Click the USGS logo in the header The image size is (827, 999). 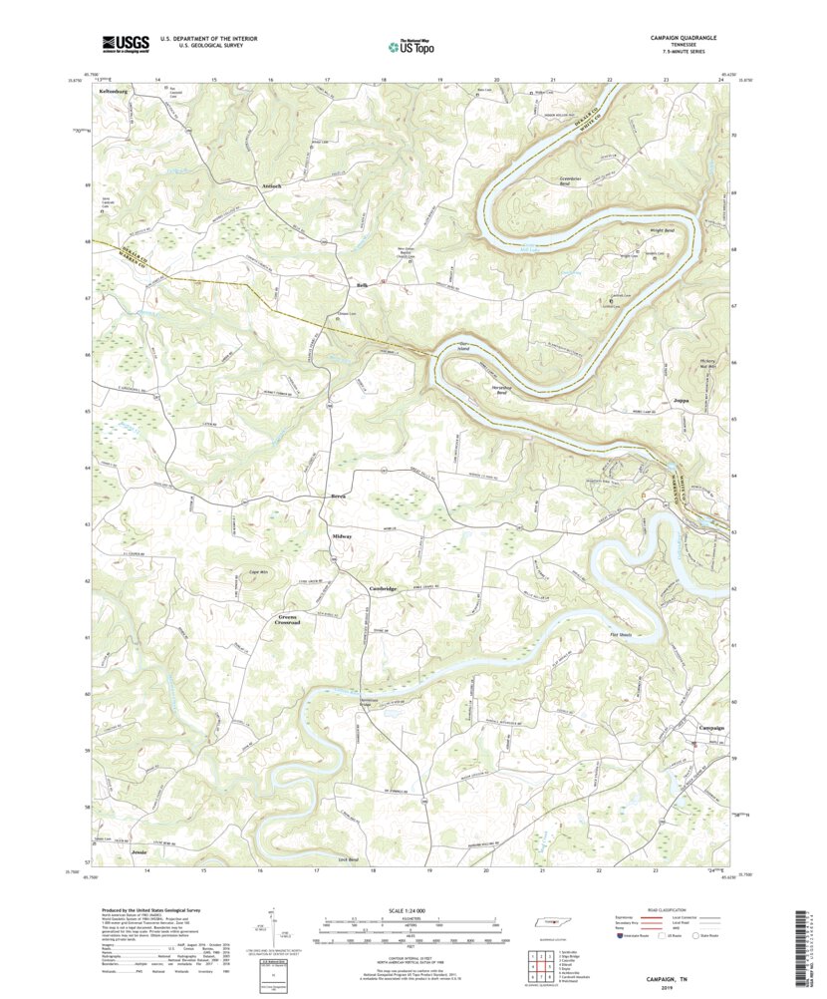pyautogui.click(x=124, y=43)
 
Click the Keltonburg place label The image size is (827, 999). pyautogui.click(x=116, y=91)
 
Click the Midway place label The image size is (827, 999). pyautogui.click(x=342, y=537)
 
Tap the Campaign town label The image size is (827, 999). pyautogui.click(x=710, y=728)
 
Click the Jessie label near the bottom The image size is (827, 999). pyautogui.click(x=138, y=854)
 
